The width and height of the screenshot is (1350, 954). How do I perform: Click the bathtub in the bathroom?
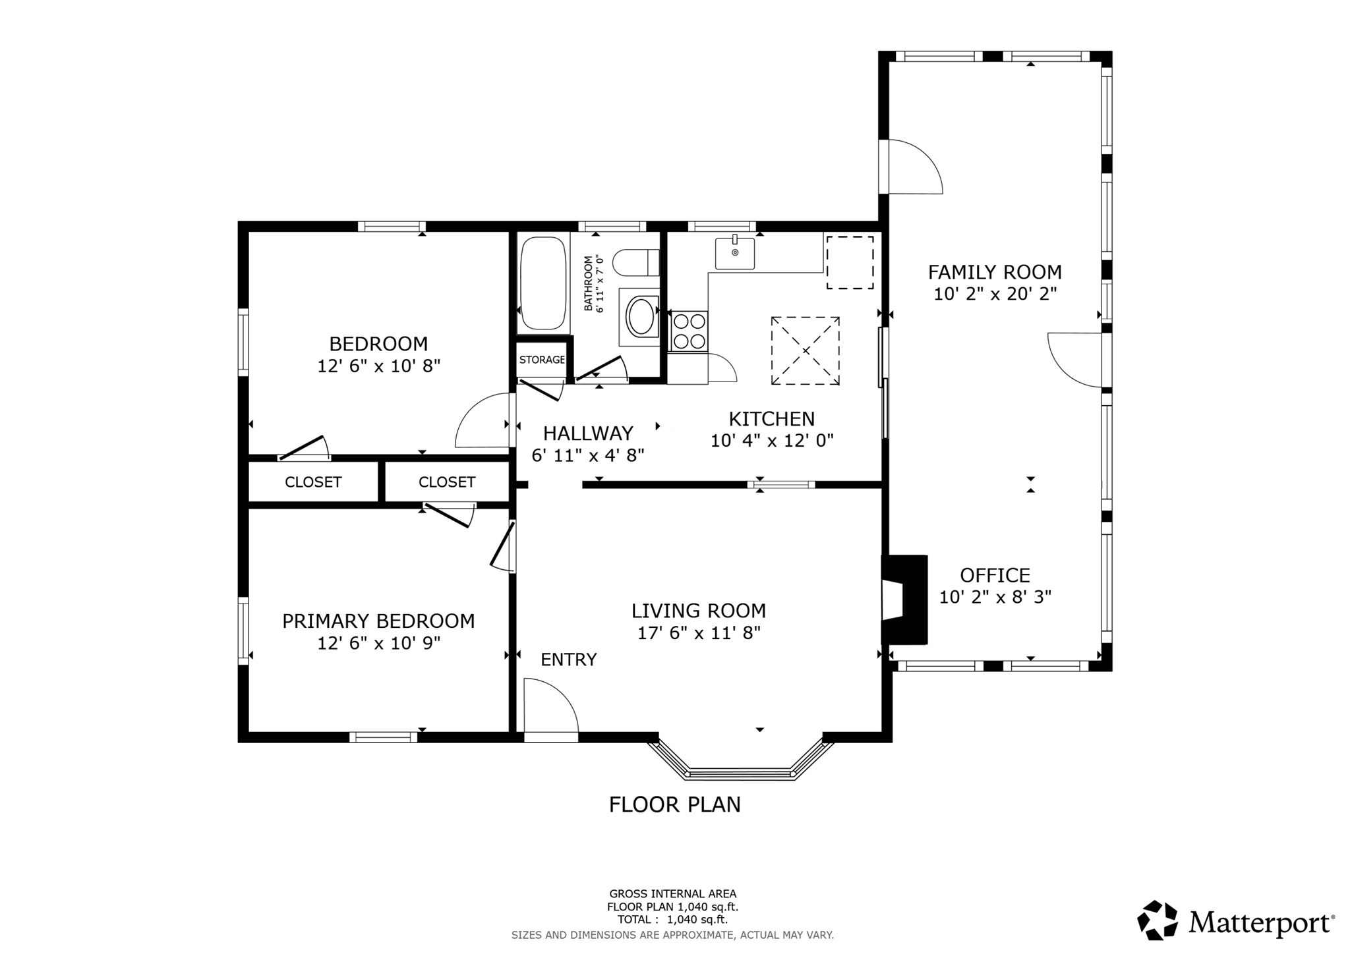tap(543, 284)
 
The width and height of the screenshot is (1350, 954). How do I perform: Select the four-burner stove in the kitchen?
tap(689, 331)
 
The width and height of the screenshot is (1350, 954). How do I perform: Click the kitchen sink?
tap(735, 254)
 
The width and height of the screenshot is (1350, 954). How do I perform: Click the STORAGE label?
tap(542, 360)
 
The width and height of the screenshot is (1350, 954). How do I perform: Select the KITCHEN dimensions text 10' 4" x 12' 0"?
tap(772, 441)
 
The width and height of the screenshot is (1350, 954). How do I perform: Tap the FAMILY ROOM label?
tap(995, 272)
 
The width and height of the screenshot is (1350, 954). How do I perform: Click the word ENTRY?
tap(569, 659)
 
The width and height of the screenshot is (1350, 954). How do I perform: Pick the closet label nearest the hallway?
tap(446, 482)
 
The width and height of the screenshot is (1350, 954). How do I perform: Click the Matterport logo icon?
tap(1157, 920)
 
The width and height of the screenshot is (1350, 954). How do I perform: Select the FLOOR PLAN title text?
tap(674, 804)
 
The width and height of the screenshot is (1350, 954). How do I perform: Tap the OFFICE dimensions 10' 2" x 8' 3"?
tap(995, 598)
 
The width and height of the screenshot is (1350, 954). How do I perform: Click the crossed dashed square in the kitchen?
tap(806, 351)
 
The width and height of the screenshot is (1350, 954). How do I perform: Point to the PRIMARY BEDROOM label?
tap(378, 621)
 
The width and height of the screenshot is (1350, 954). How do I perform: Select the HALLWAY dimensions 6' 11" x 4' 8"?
tap(587, 455)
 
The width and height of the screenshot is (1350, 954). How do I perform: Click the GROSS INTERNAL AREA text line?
tap(672, 894)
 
